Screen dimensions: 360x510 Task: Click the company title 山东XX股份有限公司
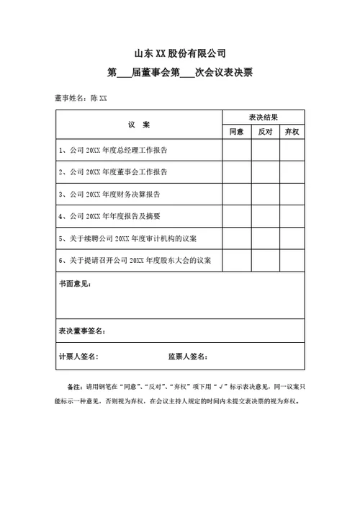(180, 53)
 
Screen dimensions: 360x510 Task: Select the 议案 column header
(139, 125)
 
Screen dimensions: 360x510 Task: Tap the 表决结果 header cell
(263, 117)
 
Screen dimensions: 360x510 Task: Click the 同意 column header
(236, 133)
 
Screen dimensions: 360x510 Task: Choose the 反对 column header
(265, 133)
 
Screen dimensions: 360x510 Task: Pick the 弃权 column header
(292, 133)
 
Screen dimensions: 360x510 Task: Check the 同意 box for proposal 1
(236, 151)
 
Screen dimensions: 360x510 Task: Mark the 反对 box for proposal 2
(265, 172)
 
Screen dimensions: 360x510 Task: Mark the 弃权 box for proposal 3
(292, 194)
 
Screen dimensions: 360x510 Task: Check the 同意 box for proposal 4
(236, 215)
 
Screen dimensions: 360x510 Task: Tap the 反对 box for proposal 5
(265, 238)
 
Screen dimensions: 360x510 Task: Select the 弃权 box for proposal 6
(292, 259)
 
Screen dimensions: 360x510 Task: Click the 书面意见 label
(75, 284)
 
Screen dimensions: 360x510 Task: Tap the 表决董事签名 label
(82, 331)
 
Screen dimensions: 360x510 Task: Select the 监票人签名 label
(188, 357)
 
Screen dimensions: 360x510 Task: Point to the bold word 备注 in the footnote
(74, 386)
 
